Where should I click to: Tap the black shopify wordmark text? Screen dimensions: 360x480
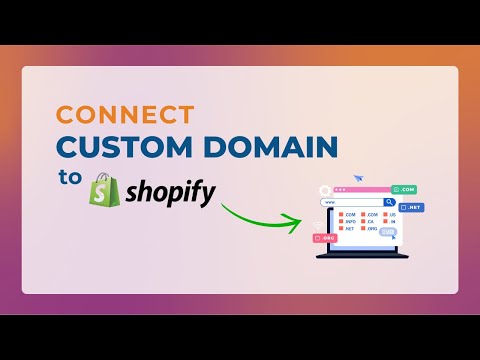click(x=167, y=191)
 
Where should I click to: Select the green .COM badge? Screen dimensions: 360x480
click(x=404, y=189)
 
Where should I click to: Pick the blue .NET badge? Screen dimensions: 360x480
click(x=412, y=208)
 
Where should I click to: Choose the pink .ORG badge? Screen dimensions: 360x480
click(x=325, y=238)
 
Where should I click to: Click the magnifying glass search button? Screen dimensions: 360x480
click(x=389, y=201)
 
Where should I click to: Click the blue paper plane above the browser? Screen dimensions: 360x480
click(x=358, y=178)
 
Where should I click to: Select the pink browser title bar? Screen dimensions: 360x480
click(x=361, y=189)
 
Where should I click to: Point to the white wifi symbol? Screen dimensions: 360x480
click(x=319, y=224)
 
